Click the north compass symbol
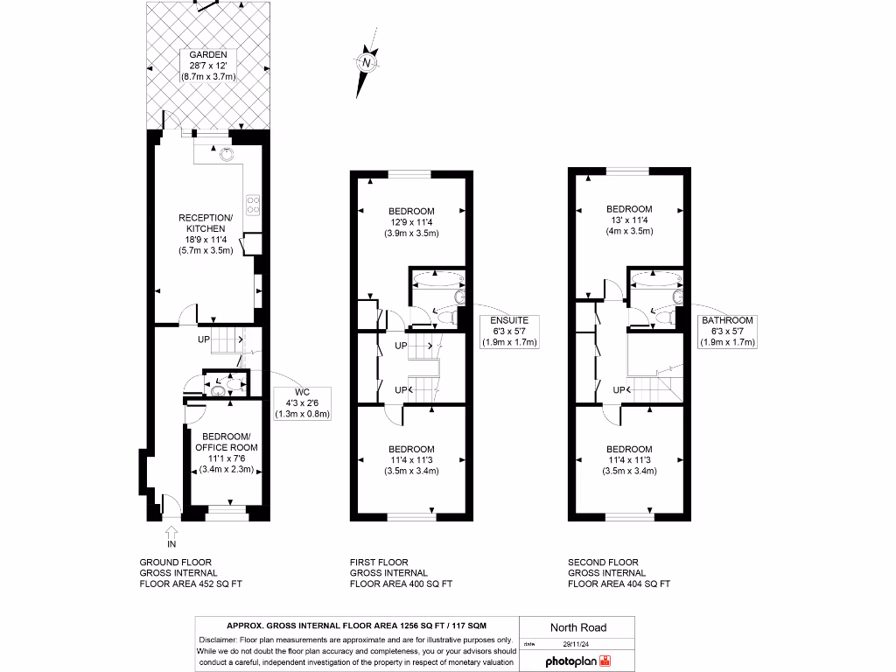pos(366,63)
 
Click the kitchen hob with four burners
pos(254,205)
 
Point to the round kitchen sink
pos(227,154)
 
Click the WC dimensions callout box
pos(303,402)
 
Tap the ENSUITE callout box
pos(509,331)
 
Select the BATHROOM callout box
pos(727,331)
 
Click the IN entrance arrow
pos(171,536)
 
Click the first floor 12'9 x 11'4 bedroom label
pos(411,222)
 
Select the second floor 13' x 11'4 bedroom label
pos(629,220)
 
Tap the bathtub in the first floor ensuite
pos(436,280)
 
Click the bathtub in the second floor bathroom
pos(654,280)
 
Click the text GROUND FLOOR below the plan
pos(175,563)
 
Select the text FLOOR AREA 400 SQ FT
pos(401,584)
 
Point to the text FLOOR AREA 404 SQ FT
pos(619,584)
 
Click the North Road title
pos(577,627)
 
